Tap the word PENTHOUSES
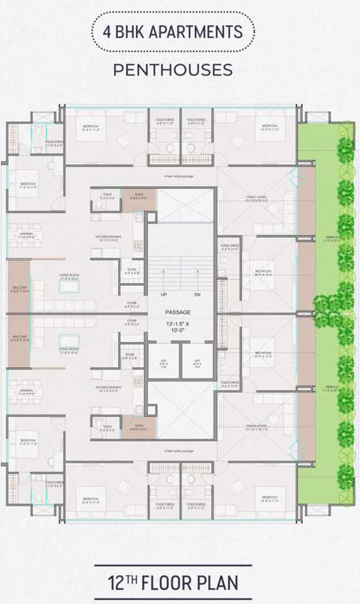click(x=173, y=70)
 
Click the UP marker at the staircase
click(x=163, y=296)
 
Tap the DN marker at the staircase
click(x=197, y=296)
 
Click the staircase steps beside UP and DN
click(x=180, y=271)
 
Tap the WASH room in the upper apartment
click(x=138, y=197)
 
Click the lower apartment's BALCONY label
click(x=19, y=341)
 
